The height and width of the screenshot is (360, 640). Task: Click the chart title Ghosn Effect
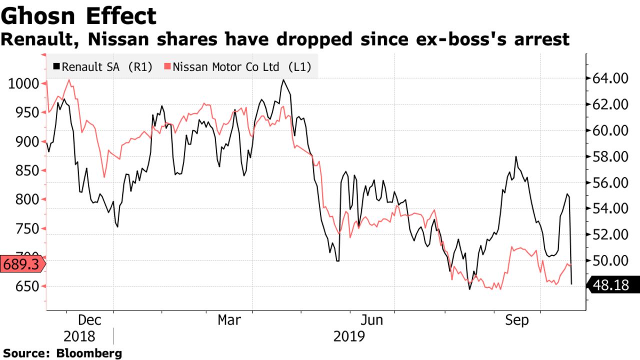[x=78, y=16]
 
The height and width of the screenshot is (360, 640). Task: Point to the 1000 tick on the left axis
[x=23, y=83]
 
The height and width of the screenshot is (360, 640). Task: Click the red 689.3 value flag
[x=21, y=264]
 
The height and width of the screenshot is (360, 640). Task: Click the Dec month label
[x=90, y=320]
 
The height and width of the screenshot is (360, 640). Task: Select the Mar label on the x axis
[x=229, y=320]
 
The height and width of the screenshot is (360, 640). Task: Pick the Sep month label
[x=516, y=320]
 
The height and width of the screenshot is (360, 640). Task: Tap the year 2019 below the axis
[x=349, y=336]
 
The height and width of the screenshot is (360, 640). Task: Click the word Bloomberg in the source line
[x=88, y=353]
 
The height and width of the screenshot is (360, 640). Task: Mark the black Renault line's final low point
[x=571, y=284]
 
